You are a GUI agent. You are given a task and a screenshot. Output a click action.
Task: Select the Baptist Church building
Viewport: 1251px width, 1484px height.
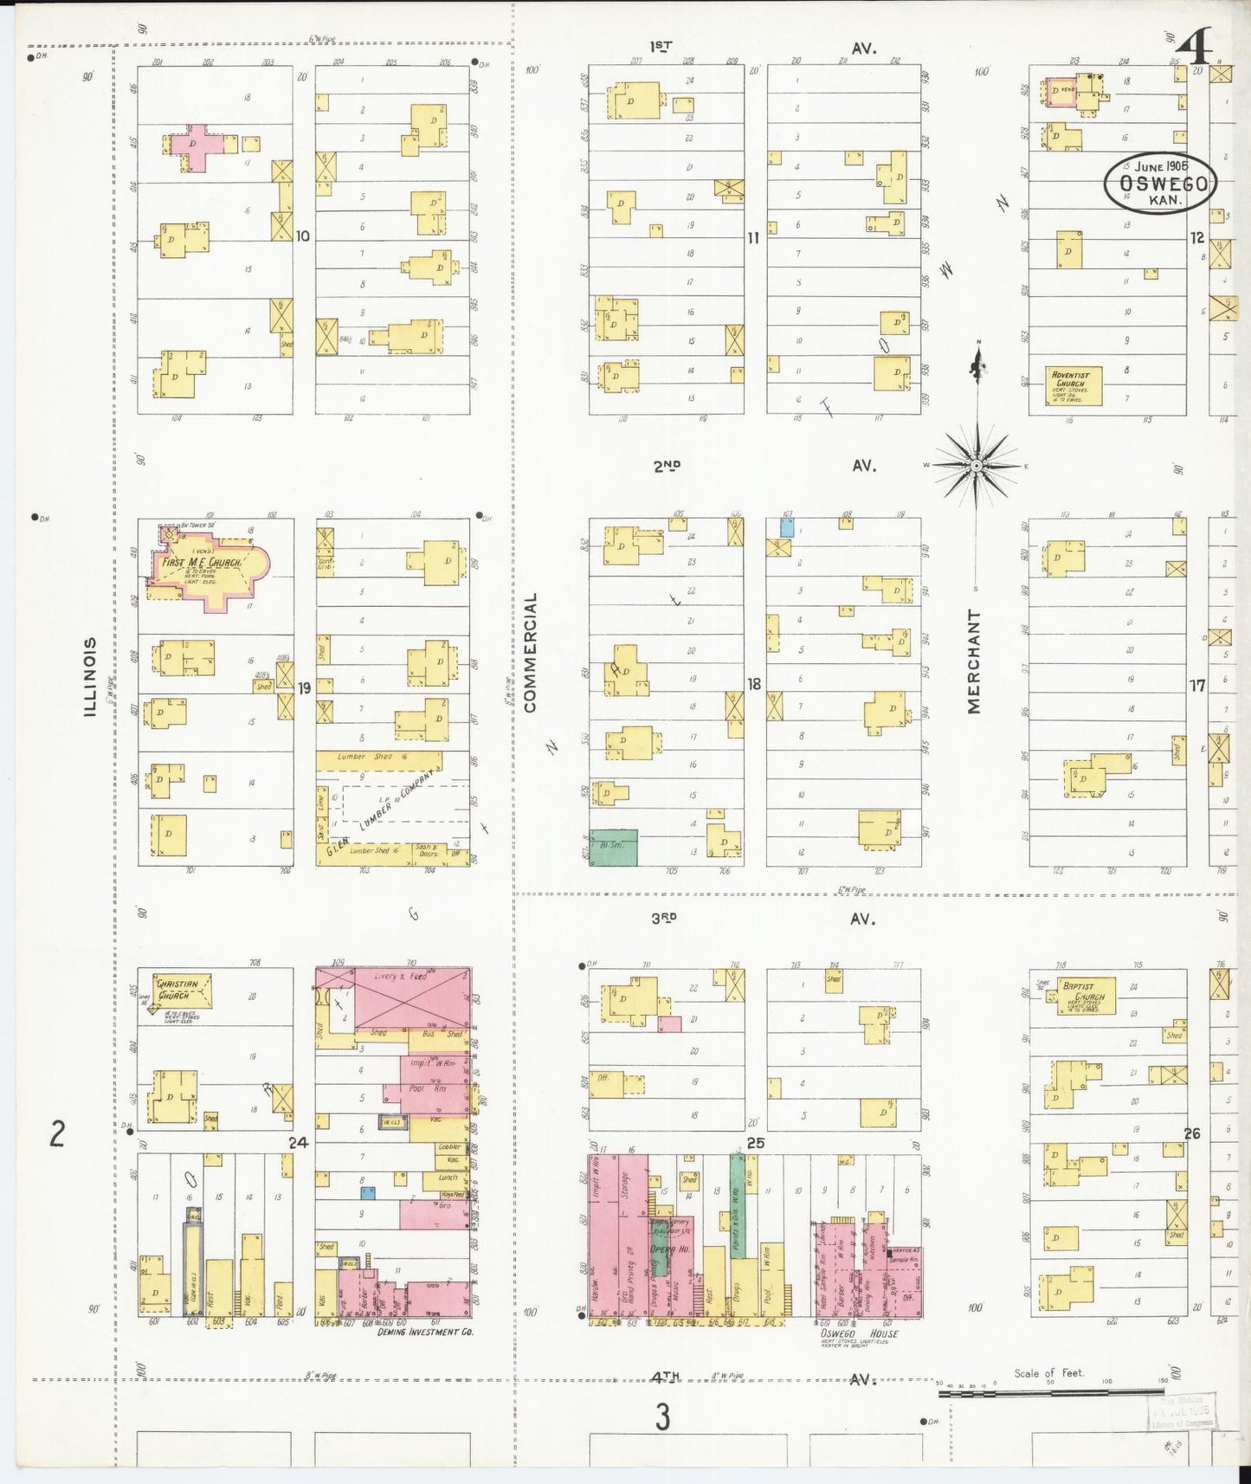pyautogui.click(x=1085, y=995)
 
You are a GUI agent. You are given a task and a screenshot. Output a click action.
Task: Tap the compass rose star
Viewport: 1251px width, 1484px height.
pyautogui.click(x=977, y=466)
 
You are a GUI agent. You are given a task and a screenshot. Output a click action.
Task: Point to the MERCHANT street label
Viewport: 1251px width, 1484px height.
pyautogui.click(x=975, y=661)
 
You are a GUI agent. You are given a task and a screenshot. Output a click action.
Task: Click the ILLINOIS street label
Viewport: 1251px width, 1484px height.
pyautogui.click(x=90, y=677)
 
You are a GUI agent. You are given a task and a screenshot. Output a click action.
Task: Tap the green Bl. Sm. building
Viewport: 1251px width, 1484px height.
pyautogui.click(x=613, y=847)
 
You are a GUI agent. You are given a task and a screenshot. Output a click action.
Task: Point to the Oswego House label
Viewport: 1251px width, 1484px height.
pyautogui.click(x=859, y=1333)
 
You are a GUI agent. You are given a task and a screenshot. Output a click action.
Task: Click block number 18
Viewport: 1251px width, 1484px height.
pyautogui.click(x=754, y=684)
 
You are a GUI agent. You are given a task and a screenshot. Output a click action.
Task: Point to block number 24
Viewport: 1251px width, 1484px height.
pyautogui.click(x=298, y=1142)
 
